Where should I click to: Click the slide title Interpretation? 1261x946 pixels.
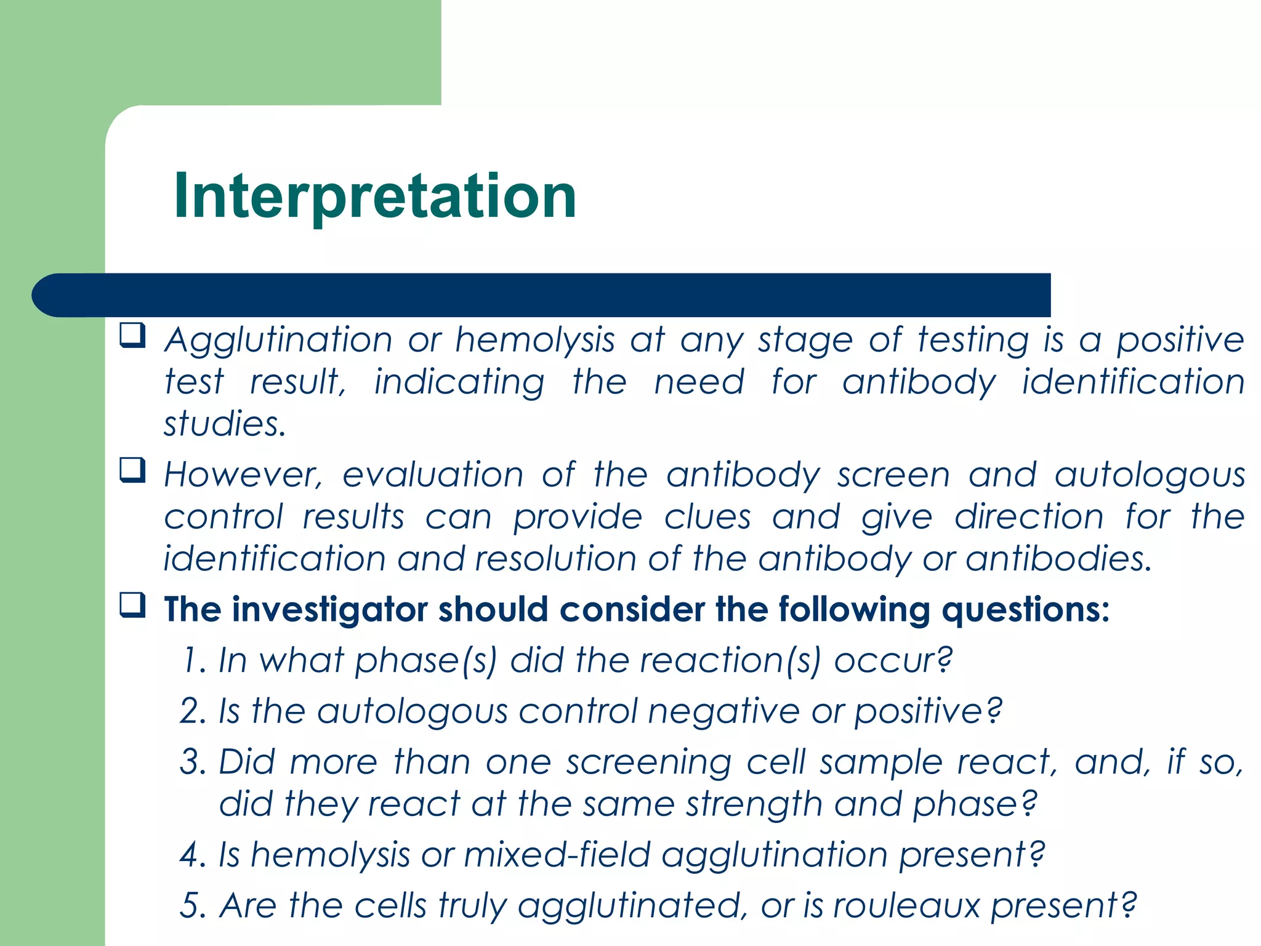coord(374,196)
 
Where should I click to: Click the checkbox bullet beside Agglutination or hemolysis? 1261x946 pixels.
coord(132,336)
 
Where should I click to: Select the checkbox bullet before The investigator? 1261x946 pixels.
coord(132,605)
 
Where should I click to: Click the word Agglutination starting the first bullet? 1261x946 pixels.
coord(278,341)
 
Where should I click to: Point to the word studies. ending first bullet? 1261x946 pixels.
coord(225,424)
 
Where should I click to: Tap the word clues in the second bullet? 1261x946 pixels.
coord(707,517)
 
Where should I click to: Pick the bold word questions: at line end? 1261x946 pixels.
coord(1026,611)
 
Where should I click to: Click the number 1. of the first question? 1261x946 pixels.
coord(194,661)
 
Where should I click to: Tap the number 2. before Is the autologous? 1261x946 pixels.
coord(193,712)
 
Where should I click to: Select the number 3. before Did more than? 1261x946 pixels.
coord(193,762)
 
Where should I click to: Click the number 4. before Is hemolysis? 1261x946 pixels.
coord(193,855)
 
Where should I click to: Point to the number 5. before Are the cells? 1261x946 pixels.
coord(193,906)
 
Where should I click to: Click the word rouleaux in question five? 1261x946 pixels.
coord(906,906)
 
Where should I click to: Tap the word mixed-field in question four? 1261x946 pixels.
coord(557,855)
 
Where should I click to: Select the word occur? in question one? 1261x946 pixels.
coord(893,661)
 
